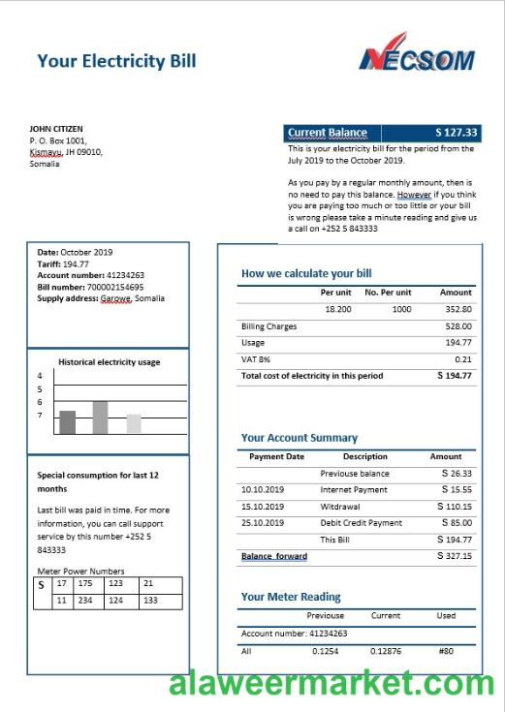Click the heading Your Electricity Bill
[116, 61]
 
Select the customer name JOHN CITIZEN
[56, 128]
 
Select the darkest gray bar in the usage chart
[67, 421]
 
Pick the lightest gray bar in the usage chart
[134, 423]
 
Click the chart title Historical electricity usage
[110, 362]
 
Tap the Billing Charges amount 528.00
[458, 326]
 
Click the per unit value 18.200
[337, 309]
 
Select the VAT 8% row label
[255, 359]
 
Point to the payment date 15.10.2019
[263, 507]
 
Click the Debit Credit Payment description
[361, 523]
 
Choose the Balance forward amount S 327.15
[454, 556]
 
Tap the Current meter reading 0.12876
[386, 651]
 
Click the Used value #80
[445, 651]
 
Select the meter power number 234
[85, 601]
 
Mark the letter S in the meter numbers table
[41, 585]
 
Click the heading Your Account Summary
[299, 438]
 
